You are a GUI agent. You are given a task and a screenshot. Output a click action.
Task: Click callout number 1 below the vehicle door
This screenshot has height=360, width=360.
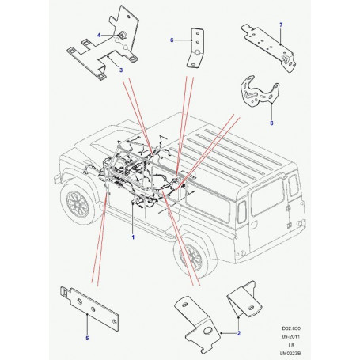[x=133, y=237]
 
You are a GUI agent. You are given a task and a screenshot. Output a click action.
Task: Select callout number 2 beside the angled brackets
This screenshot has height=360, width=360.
[x=239, y=333]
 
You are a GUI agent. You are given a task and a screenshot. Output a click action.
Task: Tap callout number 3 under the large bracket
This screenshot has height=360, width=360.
[x=121, y=70]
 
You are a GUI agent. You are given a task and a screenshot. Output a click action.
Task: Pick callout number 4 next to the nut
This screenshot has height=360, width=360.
[x=99, y=35]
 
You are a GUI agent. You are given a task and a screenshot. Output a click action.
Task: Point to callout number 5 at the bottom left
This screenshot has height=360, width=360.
[x=87, y=338]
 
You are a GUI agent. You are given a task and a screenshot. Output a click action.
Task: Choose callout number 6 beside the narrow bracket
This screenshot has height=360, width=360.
[x=172, y=40]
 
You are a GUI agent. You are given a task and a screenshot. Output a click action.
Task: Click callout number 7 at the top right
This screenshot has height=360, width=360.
[x=281, y=25]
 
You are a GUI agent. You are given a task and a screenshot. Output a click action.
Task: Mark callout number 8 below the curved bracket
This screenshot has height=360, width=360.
[x=271, y=123]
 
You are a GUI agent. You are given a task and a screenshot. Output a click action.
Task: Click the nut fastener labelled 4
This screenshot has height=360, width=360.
[x=123, y=34]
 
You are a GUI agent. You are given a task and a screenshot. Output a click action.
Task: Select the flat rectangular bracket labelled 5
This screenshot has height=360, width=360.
[x=89, y=308]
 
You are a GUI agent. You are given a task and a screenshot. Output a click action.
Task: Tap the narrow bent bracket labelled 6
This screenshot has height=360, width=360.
[x=195, y=47]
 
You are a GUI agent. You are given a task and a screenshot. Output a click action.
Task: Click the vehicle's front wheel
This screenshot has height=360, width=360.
[x=78, y=203]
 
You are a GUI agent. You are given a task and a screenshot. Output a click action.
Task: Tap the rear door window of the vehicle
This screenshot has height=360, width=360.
[x=267, y=196]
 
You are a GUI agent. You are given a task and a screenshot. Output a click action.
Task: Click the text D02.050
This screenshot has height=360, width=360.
[x=291, y=328]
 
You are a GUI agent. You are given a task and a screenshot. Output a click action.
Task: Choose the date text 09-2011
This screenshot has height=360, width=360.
[x=291, y=336]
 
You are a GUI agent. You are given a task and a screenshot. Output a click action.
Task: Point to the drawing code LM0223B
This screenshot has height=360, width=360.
[x=291, y=353]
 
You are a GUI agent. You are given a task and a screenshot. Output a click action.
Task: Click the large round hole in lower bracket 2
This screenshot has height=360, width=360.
[x=208, y=332]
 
